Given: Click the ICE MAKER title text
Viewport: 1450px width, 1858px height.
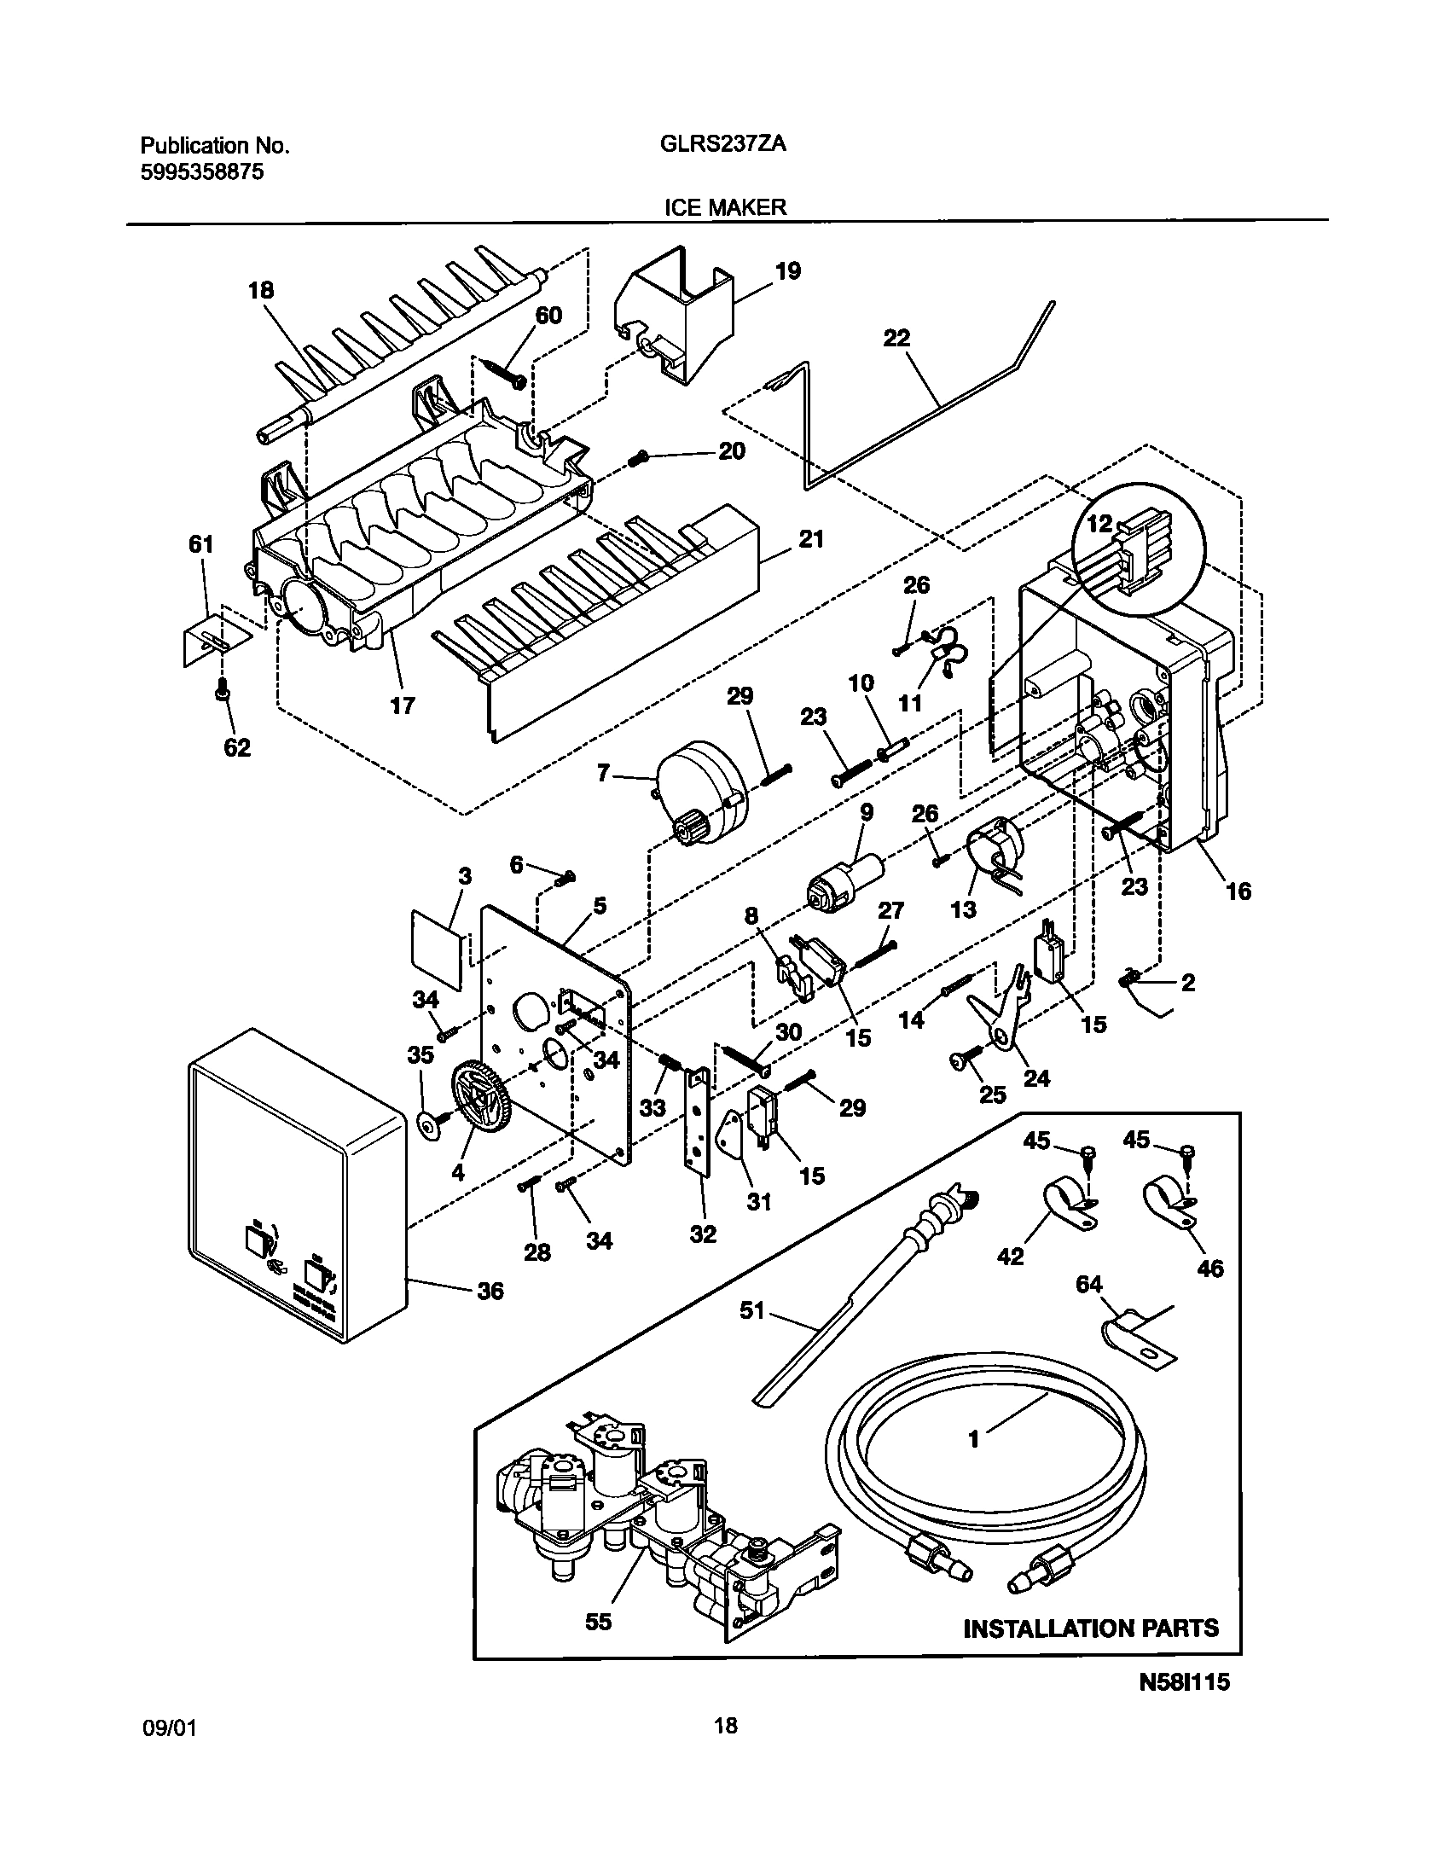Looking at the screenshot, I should [725, 207].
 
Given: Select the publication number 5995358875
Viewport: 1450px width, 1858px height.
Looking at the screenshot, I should [201, 171].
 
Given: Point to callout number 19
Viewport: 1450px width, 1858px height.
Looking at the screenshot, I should [787, 271].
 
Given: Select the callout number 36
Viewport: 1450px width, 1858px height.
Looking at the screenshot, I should [490, 1291].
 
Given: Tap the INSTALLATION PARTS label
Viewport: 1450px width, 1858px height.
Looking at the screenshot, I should [1091, 1629].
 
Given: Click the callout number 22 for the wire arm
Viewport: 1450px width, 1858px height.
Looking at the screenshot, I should [896, 339].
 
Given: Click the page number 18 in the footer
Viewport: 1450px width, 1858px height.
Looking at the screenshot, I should [726, 1750].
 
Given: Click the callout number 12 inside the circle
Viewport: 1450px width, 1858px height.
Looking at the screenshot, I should [1099, 523].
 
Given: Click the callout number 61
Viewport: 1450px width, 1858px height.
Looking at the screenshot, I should [200, 544].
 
